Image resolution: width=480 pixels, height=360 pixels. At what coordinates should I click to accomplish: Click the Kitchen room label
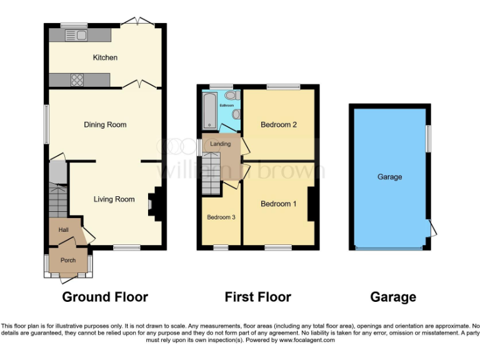(x=105, y=57)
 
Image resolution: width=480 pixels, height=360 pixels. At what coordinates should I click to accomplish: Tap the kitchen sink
(x=81, y=34)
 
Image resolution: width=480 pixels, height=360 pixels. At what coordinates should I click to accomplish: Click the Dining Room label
(x=105, y=125)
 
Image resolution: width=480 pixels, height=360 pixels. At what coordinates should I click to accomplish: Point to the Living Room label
(x=114, y=199)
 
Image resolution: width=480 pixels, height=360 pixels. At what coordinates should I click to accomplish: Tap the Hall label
(x=63, y=230)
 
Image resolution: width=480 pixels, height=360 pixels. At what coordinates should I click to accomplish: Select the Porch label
(x=67, y=260)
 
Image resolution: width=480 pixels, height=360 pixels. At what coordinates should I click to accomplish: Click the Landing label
(x=220, y=144)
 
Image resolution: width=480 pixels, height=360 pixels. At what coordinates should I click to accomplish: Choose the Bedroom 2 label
(x=278, y=125)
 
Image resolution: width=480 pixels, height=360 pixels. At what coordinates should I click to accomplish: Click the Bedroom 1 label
(x=278, y=204)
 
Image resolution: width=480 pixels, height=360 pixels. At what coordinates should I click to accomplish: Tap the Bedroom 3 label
(x=221, y=217)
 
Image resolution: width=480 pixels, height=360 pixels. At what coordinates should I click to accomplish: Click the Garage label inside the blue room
(x=389, y=177)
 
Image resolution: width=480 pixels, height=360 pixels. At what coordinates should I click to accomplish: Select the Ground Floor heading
(x=105, y=297)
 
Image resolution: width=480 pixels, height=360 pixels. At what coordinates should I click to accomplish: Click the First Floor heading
(x=257, y=297)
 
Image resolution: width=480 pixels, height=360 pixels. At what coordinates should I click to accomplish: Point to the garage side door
(x=431, y=228)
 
